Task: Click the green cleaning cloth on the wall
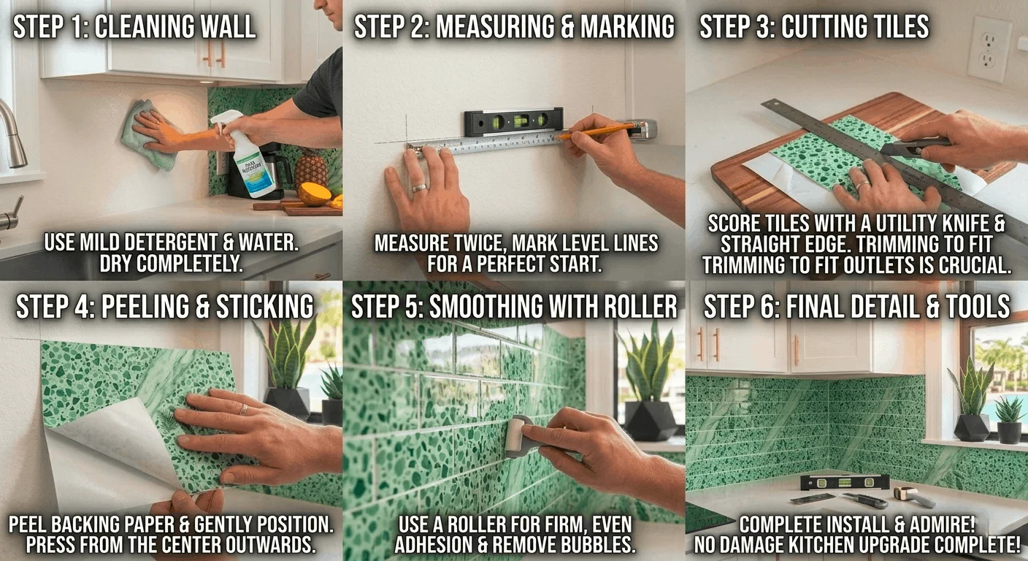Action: pyautogui.click(x=146, y=135)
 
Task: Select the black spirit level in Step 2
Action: pyautogui.click(x=515, y=121)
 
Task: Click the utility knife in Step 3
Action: pyautogui.click(x=916, y=146)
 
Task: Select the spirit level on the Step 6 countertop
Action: pyautogui.click(x=844, y=481)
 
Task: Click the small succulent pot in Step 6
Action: pyautogui.click(x=1010, y=431)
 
